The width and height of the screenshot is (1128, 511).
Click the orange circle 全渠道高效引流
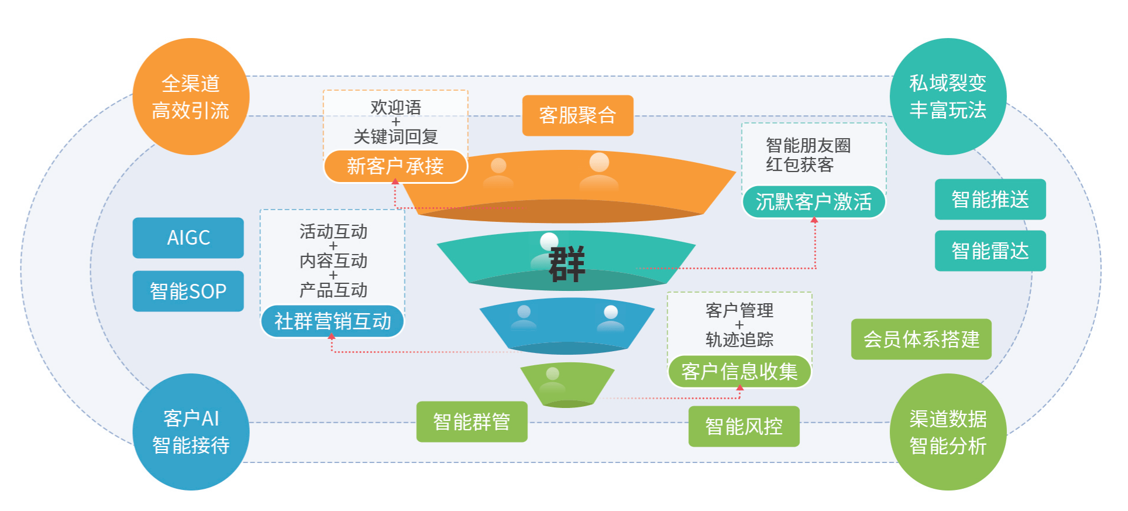click(191, 97)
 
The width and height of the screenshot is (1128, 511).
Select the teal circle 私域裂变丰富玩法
click(948, 97)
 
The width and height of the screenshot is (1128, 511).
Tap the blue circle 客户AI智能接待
click(191, 432)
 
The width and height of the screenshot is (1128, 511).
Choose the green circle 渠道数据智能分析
click(948, 432)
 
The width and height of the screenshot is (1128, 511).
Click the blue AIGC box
click(188, 238)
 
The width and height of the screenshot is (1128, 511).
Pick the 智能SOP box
click(188, 291)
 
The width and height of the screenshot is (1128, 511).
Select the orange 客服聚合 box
click(577, 115)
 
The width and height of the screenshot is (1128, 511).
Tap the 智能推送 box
click(990, 200)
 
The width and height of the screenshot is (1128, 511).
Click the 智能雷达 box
click(990, 251)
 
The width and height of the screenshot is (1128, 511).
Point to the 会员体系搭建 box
click(921, 339)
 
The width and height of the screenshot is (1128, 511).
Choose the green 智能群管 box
click(472, 421)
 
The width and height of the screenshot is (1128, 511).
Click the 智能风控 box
click(744, 426)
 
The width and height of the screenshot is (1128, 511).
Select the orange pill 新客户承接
click(396, 166)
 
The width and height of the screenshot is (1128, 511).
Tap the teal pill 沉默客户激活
click(813, 202)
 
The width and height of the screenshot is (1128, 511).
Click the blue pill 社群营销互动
click(332, 321)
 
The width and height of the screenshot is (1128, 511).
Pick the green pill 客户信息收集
click(740, 372)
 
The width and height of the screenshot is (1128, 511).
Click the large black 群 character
click(566, 265)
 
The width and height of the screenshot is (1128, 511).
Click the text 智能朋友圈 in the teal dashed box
click(808, 145)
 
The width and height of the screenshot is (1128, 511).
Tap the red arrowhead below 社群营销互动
click(332, 337)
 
